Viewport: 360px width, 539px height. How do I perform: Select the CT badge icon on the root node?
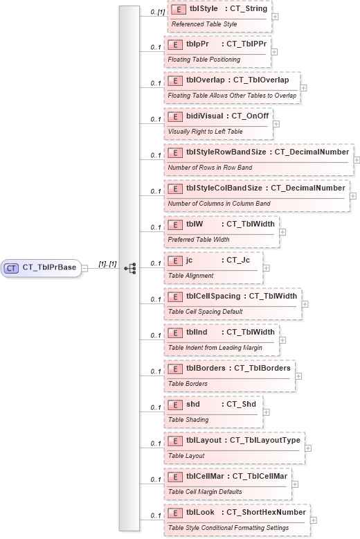coord(12,267)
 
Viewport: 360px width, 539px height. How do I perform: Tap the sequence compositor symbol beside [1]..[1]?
coord(129,267)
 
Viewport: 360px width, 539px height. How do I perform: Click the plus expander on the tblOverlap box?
coord(303,88)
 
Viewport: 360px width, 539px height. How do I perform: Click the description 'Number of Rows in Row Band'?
coord(210,168)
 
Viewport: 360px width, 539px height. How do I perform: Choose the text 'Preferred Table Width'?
coord(200,240)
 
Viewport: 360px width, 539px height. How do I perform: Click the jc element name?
coord(190,260)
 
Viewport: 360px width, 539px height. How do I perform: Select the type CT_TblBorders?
coord(262,368)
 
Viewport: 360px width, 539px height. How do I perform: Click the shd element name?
coord(193,404)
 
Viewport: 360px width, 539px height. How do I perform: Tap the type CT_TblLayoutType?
coord(264,440)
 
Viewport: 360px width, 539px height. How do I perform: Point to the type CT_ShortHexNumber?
coord(266,512)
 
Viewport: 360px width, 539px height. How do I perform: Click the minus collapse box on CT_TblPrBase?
coord(84,267)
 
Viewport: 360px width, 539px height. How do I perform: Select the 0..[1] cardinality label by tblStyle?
coord(157,12)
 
